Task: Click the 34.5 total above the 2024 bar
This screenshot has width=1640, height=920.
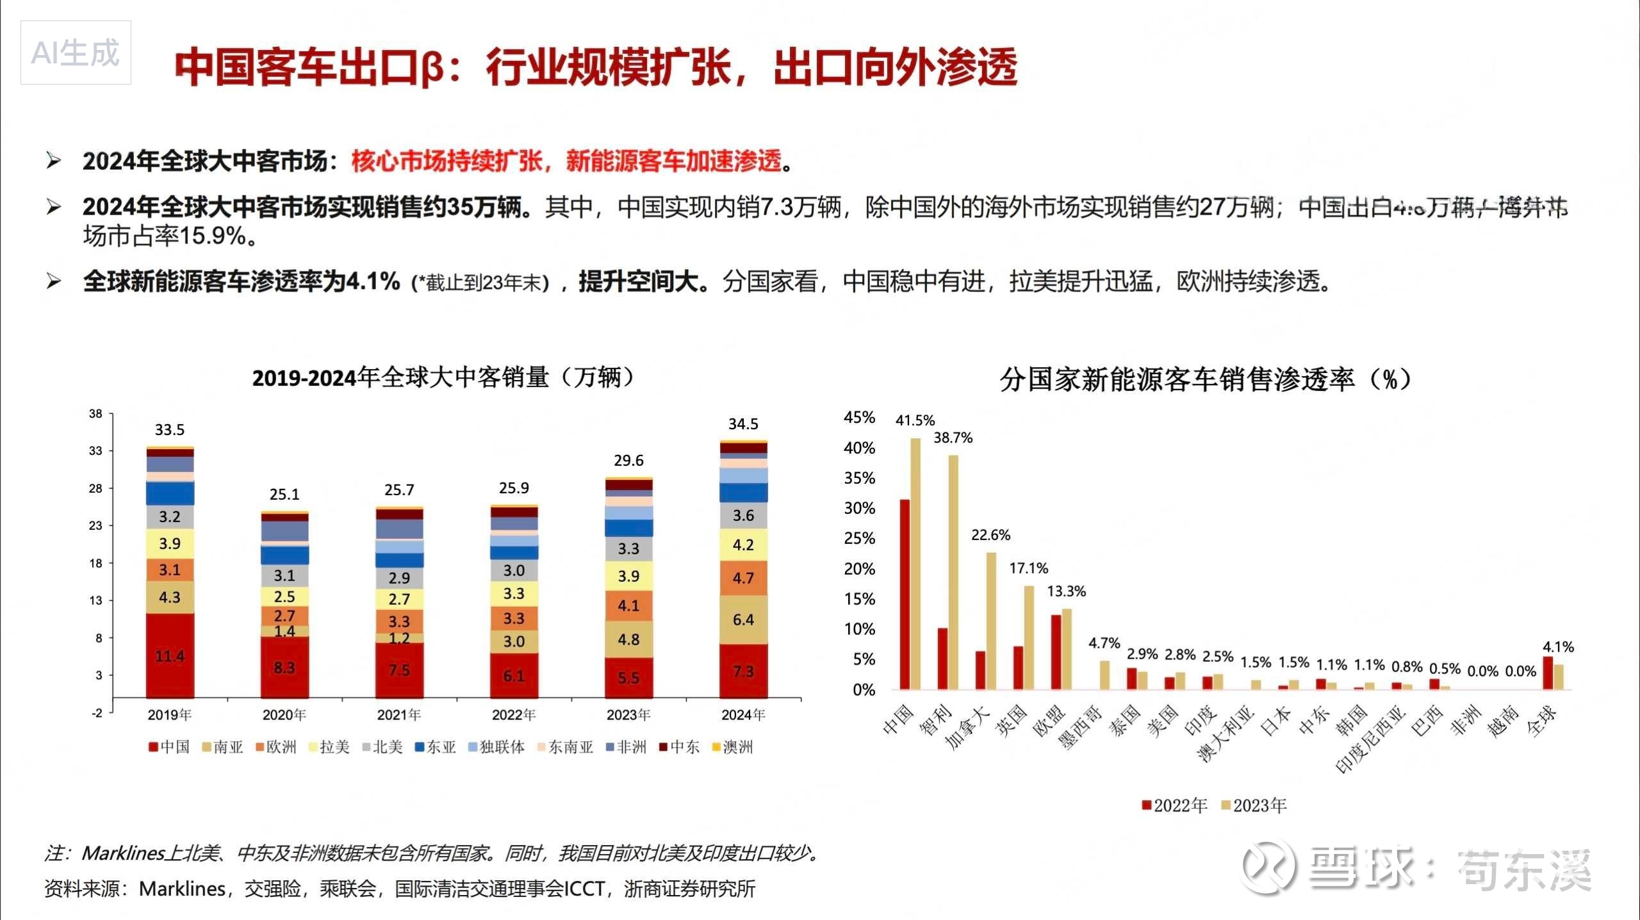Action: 743,424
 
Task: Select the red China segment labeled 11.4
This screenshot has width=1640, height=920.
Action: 170,656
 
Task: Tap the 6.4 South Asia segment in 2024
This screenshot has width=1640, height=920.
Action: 743,620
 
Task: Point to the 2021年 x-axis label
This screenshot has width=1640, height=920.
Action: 398,715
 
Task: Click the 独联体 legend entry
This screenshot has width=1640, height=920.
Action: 496,747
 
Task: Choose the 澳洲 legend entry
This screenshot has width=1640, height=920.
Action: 733,747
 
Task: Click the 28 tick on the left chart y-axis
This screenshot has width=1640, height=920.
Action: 95,489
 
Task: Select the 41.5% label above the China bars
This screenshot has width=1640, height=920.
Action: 915,421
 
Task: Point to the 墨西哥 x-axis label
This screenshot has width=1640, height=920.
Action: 1081,727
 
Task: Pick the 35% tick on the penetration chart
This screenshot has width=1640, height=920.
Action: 859,478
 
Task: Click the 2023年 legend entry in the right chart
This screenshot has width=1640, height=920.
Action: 1254,806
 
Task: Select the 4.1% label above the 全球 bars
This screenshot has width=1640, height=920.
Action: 1558,647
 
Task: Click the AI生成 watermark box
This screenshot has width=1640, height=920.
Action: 76,53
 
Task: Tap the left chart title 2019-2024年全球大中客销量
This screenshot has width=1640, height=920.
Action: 443,378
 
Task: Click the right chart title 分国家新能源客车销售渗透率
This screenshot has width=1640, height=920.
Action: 1204,380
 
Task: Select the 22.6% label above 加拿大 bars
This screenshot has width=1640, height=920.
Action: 990,535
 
